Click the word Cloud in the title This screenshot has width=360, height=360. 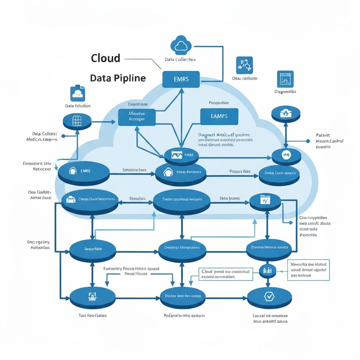105,58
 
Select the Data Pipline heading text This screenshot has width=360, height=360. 118,78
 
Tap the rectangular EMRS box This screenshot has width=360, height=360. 181,79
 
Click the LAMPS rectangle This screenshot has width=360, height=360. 219,116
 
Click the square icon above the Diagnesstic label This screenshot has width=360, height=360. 285,79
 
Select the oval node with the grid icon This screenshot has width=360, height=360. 77,121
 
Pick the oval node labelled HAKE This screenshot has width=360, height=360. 181,155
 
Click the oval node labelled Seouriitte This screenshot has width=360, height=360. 93,249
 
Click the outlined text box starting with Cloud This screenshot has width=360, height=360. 225,274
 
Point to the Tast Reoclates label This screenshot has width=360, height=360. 92,315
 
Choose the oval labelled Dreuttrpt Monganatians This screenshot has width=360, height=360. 182,247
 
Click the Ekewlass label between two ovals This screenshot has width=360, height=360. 137,198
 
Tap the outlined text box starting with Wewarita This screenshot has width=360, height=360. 308,270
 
